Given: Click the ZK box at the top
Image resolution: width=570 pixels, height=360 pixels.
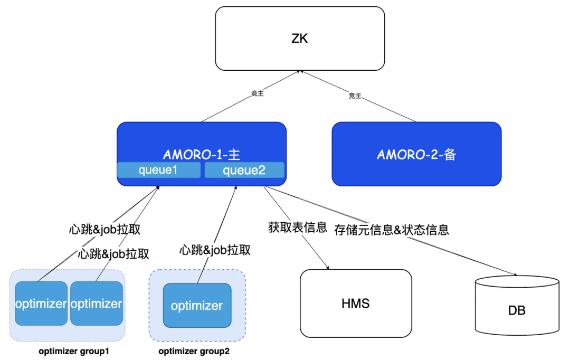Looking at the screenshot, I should [300, 38].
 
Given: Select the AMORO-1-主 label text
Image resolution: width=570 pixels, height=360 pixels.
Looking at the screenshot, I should [201, 155].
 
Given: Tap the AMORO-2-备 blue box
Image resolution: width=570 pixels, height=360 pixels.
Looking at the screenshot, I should [416, 154].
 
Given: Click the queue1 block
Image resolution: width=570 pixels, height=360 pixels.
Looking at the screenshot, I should [159, 170].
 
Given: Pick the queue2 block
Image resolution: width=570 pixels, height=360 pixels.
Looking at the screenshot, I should [244, 170].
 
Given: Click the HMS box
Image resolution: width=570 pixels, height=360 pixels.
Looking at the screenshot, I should [355, 304].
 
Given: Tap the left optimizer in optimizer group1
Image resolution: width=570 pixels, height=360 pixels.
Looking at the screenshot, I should [41, 304].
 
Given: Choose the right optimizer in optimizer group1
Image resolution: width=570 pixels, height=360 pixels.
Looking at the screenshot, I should [97, 304].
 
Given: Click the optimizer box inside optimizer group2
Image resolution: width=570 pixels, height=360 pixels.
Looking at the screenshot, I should [197, 306].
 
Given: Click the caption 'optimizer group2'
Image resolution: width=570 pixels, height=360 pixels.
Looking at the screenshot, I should [194, 351].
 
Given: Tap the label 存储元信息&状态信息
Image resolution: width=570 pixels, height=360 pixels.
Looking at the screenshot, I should [392, 230].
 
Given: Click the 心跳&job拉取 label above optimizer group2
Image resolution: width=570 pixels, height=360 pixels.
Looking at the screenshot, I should [215, 250].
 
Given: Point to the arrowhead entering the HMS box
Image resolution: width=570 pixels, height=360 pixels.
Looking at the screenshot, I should [328, 268].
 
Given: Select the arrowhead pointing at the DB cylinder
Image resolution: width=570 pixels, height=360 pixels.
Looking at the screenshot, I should [514, 274].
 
